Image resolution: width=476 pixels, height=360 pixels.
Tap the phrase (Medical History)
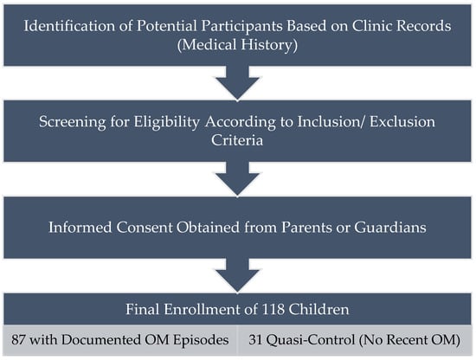pyautogui.click(x=237, y=45)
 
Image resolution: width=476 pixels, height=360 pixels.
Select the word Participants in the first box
pyautogui.click(x=242, y=26)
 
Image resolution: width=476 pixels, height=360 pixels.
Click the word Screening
pyautogui.click(x=72, y=122)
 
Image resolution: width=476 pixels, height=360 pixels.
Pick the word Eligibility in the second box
pyautogui.click(x=167, y=122)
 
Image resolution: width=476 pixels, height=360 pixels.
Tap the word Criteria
pyautogui.click(x=237, y=140)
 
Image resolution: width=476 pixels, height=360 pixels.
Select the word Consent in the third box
pyautogui.click(x=145, y=228)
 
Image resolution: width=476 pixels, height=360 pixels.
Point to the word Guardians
pyautogui.click(x=390, y=228)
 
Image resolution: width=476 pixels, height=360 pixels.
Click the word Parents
pyautogui.click(x=306, y=228)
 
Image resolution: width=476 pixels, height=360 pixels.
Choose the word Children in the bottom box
pyautogui.click(x=318, y=309)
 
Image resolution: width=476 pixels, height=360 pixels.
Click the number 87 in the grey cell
pyautogui.click(x=18, y=339)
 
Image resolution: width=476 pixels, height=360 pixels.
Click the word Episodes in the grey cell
pyautogui.click(x=201, y=340)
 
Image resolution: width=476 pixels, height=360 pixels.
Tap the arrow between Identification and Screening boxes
pyautogui.click(x=237, y=83)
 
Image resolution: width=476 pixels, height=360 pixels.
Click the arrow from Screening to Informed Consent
pyautogui.click(x=237, y=179)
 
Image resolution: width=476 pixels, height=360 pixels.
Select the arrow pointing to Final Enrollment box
pyautogui.click(x=237, y=275)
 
